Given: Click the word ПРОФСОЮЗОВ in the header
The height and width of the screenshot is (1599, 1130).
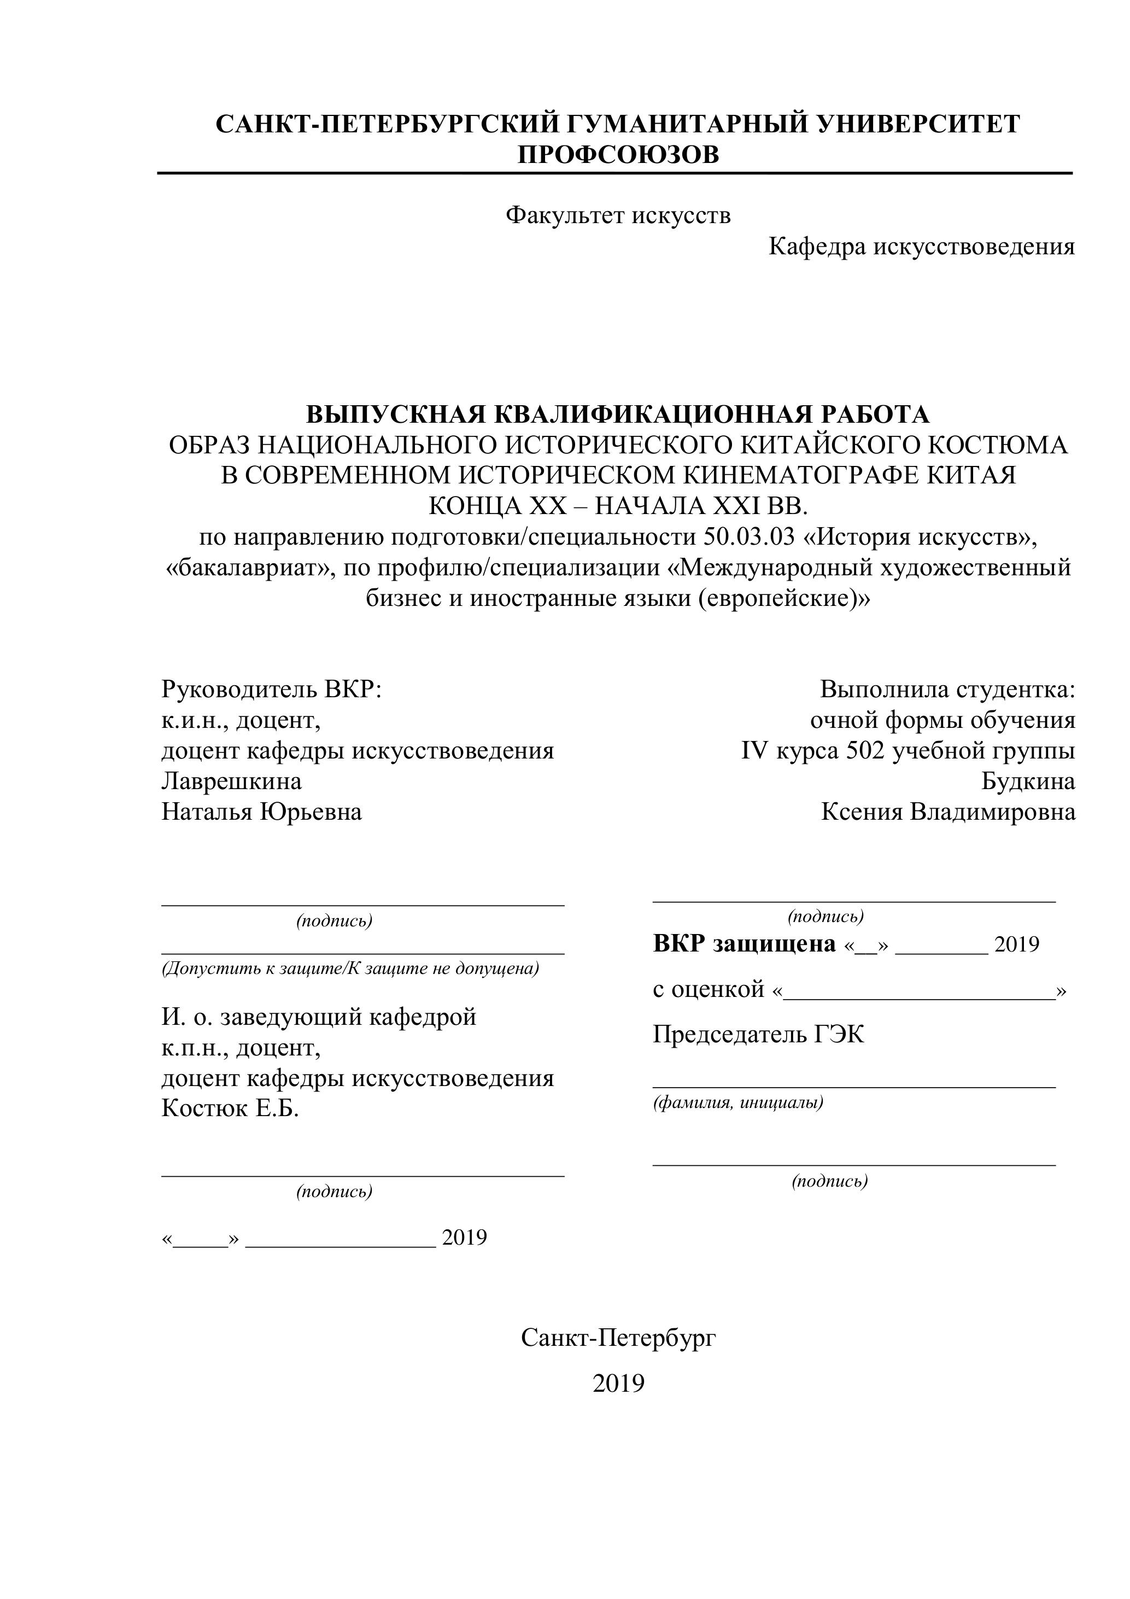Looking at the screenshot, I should (618, 154).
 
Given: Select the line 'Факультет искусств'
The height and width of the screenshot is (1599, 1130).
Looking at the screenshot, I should (618, 215).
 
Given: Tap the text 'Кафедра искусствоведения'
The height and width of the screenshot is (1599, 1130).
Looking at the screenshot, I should (921, 246).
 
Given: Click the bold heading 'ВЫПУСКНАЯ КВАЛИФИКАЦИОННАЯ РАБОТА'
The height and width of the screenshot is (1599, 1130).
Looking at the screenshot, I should (618, 415).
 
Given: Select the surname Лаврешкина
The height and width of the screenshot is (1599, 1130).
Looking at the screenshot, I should (232, 781).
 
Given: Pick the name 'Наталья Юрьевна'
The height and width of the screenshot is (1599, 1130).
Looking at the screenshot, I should (262, 812).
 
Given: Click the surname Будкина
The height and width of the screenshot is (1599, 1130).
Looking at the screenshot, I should (1028, 781).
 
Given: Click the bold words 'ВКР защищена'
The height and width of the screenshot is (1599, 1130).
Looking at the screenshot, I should (743, 944).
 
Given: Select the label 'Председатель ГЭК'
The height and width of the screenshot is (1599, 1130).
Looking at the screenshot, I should (758, 1035).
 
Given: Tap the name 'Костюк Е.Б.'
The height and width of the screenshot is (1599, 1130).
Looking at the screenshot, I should (231, 1108).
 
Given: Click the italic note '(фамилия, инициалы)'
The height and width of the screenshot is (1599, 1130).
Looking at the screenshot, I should (738, 1102).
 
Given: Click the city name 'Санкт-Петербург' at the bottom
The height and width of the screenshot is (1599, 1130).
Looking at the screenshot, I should (618, 1338).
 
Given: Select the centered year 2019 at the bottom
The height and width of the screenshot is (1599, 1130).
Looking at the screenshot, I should (618, 1384).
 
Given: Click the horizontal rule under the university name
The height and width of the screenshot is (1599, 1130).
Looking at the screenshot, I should (615, 173).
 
